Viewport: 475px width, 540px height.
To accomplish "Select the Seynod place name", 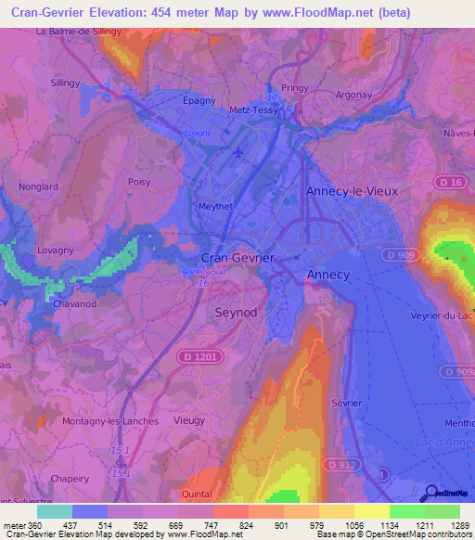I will pos(236,313).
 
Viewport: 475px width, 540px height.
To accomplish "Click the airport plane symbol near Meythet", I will pos(239,151).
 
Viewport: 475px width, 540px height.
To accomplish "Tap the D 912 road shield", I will pos(340,463).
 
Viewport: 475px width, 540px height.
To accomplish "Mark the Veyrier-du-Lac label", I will pos(442,315).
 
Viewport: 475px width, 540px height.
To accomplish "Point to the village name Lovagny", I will pos(56,251).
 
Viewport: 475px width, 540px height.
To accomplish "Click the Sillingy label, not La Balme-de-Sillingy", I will pos(66,83).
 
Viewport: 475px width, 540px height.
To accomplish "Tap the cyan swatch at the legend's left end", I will pos(54,511).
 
